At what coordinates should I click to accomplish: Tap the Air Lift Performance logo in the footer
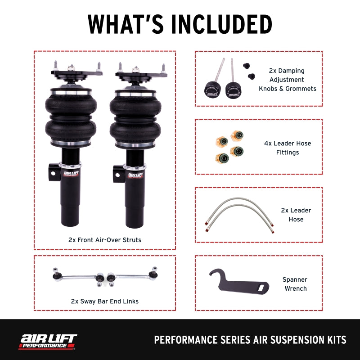click(x=47, y=341)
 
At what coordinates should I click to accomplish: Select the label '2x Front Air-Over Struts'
click(x=104, y=240)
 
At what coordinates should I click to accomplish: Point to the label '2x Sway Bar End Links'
click(x=104, y=301)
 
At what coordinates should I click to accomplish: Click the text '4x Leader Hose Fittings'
click(x=288, y=148)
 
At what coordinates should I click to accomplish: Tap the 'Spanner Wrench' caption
click(x=295, y=284)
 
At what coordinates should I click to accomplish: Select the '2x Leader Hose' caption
click(x=296, y=215)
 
